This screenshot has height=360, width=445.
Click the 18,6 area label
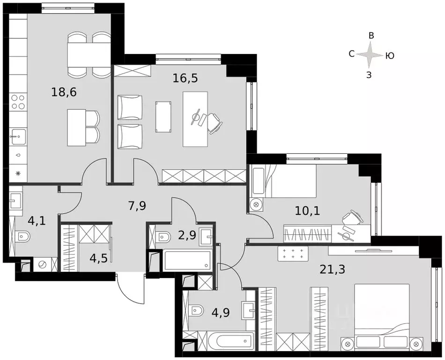[x=64, y=92]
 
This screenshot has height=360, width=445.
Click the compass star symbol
[x=370, y=55]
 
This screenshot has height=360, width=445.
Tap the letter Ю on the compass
[x=389, y=56]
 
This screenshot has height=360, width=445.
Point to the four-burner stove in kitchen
[x=18, y=102]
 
